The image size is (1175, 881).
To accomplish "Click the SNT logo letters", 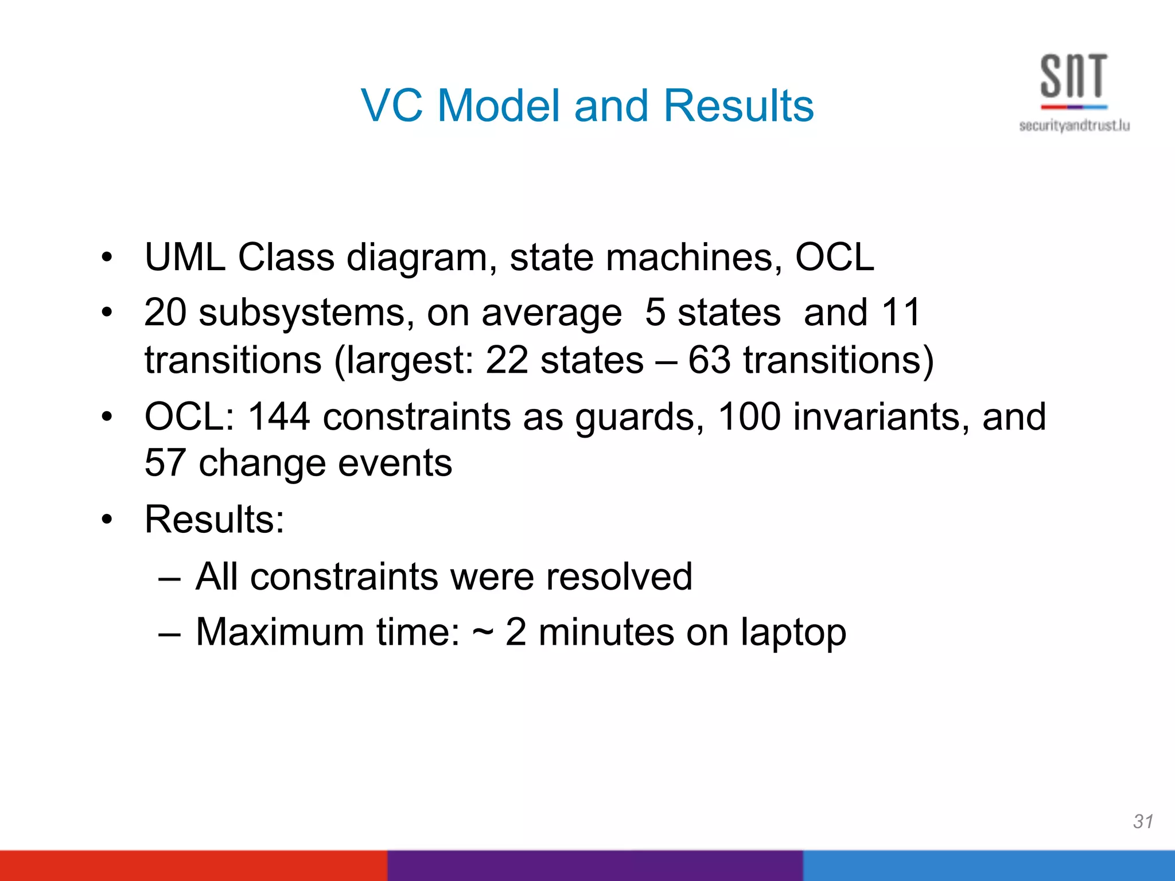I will [x=1073, y=77].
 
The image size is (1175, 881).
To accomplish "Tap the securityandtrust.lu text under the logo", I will [x=1074, y=126].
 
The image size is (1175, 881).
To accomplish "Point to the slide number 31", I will [x=1143, y=821].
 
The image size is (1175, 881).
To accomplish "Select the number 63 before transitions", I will [x=709, y=360].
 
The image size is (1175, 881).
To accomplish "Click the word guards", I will [x=639, y=418].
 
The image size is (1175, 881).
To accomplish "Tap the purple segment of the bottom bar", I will [x=594, y=866].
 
